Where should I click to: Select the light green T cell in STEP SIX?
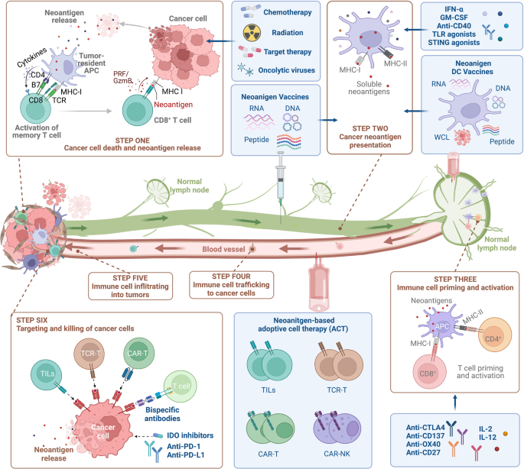[x=181, y=383]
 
